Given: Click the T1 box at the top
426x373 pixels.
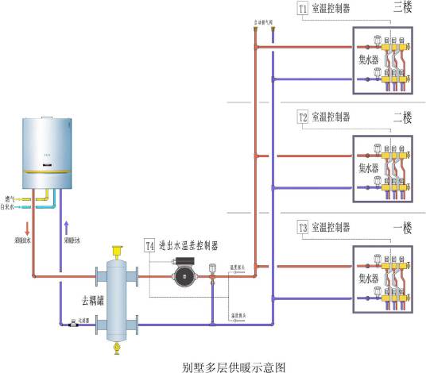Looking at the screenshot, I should (303, 9).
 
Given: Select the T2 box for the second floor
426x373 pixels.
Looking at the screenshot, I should (303, 117).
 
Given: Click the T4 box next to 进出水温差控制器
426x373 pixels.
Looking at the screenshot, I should (149, 246).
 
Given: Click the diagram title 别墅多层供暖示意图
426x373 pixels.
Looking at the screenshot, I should (232, 366).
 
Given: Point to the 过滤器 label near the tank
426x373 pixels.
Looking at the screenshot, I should (83, 322).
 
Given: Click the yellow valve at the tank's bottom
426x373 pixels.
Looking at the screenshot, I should (118, 347).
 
